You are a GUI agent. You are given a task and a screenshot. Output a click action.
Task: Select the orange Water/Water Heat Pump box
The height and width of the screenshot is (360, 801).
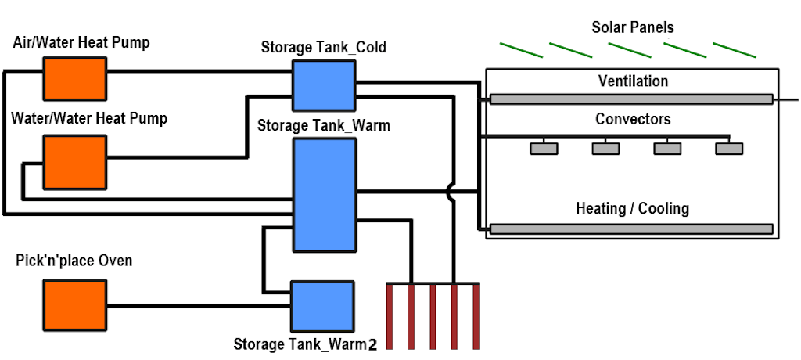tap(74, 159)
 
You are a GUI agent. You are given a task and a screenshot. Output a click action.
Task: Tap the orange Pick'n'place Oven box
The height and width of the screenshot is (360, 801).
tap(74, 304)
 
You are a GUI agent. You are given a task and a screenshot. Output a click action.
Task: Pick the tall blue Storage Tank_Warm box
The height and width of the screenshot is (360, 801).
tap(324, 195)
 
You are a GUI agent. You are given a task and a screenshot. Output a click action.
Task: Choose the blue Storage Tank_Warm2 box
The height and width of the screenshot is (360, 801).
tap(322, 305)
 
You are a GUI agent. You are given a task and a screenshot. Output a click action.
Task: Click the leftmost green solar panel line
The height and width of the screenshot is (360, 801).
tap(522, 50)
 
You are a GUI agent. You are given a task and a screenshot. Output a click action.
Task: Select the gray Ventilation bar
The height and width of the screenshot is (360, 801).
tap(631, 99)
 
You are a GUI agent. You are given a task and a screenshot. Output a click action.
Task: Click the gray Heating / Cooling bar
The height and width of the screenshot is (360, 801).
tap(631, 229)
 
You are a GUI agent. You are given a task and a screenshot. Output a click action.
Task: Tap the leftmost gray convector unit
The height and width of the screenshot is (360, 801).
tap(544, 148)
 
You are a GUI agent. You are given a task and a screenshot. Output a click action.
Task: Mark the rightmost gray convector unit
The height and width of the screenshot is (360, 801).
tap(729, 148)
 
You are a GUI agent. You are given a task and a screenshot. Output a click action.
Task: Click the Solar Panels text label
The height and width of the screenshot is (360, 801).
tap(633, 27)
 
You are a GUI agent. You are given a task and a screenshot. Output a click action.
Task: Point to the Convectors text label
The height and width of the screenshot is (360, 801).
tap(633, 120)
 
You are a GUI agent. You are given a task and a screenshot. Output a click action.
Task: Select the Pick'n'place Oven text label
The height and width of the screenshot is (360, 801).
tap(74, 261)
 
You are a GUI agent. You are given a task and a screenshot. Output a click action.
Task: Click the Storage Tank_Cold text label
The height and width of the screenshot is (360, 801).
tap(323, 48)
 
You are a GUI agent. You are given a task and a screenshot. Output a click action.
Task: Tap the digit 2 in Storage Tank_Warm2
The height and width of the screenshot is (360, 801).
tap(372, 344)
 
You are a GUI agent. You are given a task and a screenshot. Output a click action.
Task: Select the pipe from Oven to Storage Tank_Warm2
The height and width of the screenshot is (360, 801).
tap(199, 305)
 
